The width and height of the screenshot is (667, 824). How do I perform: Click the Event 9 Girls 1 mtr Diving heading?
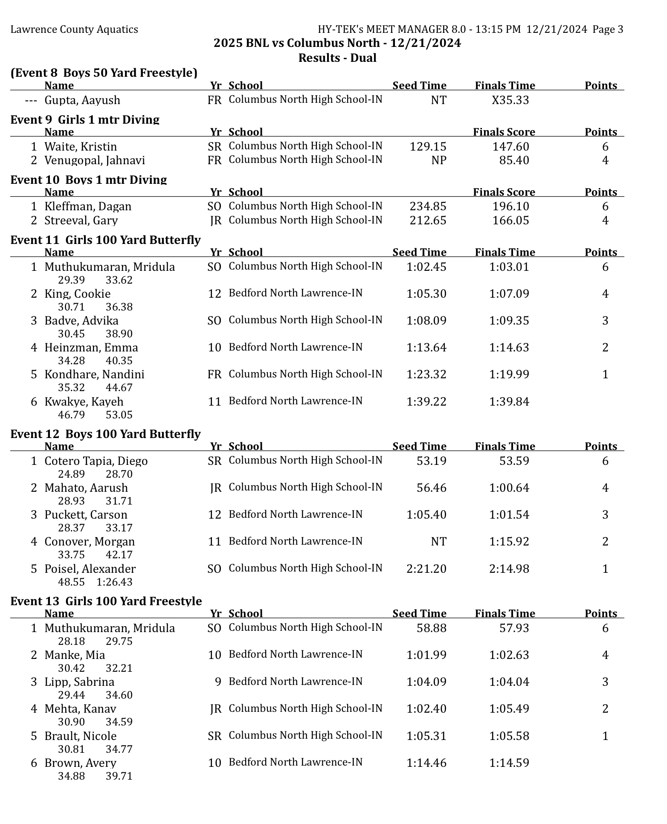click(x=85, y=119)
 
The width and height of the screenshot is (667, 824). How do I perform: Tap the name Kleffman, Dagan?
click(x=88, y=206)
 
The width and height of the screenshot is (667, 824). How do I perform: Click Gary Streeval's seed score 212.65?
click(x=428, y=221)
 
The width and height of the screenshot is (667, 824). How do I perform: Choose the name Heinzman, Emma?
click(x=91, y=348)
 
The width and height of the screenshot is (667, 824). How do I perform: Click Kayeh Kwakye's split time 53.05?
click(x=119, y=415)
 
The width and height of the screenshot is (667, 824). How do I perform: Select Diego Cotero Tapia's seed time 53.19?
click(x=431, y=461)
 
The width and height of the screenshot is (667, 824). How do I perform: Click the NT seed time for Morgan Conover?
click(x=438, y=542)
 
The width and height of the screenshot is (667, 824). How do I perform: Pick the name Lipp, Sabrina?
click(x=79, y=682)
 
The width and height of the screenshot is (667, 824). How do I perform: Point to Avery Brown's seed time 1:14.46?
click(x=426, y=763)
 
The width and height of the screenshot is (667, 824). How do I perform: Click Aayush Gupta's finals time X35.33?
click(x=510, y=100)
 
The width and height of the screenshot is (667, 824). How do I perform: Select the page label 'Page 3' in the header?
click(x=608, y=29)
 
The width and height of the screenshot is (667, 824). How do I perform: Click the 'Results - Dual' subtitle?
click(x=337, y=58)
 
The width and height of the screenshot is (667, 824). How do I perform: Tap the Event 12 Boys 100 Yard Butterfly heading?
click(x=105, y=434)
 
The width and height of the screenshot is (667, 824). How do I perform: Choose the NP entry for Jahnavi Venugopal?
click(x=438, y=160)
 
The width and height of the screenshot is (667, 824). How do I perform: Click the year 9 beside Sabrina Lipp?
click(x=218, y=682)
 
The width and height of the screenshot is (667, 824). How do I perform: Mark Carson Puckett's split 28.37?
click(x=71, y=528)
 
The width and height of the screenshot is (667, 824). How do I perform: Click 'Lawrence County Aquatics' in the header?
click(x=74, y=29)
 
